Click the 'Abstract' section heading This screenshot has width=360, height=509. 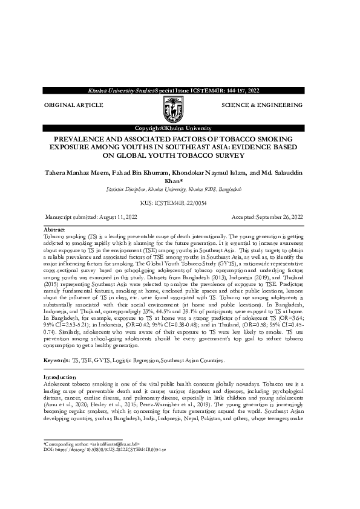click(54, 230)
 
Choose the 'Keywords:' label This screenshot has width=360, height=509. click(57, 360)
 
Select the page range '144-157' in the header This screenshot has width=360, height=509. click(229, 90)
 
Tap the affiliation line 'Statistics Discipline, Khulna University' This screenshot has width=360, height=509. click(173, 190)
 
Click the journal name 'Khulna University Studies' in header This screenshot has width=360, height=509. click(121, 90)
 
